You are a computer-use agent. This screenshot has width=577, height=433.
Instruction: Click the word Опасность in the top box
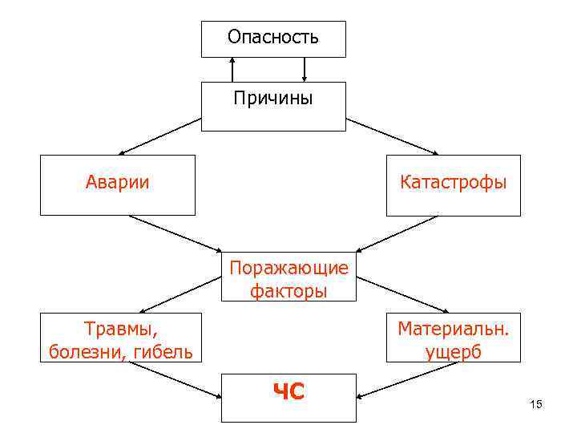pyautogui.click(x=273, y=37)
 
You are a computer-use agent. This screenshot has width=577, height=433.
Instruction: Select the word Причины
pyautogui.click(x=273, y=99)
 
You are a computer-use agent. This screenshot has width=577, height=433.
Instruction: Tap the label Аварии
pyautogui.click(x=118, y=182)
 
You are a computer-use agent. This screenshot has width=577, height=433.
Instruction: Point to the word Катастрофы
pyautogui.click(x=454, y=182)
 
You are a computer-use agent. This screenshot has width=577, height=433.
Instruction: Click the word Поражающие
pyautogui.click(x=288, y=267)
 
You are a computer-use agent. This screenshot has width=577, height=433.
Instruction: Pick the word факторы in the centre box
pyautogui.click(x=288, y=290)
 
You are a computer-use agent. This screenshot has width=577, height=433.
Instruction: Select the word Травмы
pyautogui.click(x=121, y=329)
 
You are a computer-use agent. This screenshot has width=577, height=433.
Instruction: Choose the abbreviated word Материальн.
pyautogui.click(x=454, y=329)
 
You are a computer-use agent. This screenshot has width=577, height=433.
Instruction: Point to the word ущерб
pyautogui.click(x=454, y=352)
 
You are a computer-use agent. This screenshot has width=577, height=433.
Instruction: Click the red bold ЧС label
pyautogui.click(x=288, y=392)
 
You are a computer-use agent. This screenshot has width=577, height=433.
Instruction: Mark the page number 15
pyautogui.click(x=536, y=404)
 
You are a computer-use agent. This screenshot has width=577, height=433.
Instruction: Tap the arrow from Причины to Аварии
pyautogui.click(x=160, y=136)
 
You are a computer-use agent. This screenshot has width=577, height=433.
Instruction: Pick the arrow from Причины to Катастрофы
pyautogui.click(x=393, y=136)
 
